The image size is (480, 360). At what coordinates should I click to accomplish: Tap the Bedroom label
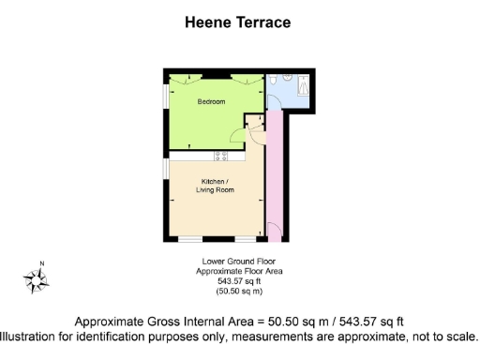coord(211,101)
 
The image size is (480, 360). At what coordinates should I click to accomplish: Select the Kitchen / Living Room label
coord(215,186)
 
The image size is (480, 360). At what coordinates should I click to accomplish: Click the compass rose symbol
coord(37,278)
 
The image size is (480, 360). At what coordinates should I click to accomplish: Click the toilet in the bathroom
coord(271,82)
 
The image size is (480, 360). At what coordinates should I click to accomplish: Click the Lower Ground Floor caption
coord(239,261)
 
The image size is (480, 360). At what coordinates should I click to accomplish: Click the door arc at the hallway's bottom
coord(274,228)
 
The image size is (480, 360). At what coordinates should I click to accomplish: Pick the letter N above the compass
coord(41,262)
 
